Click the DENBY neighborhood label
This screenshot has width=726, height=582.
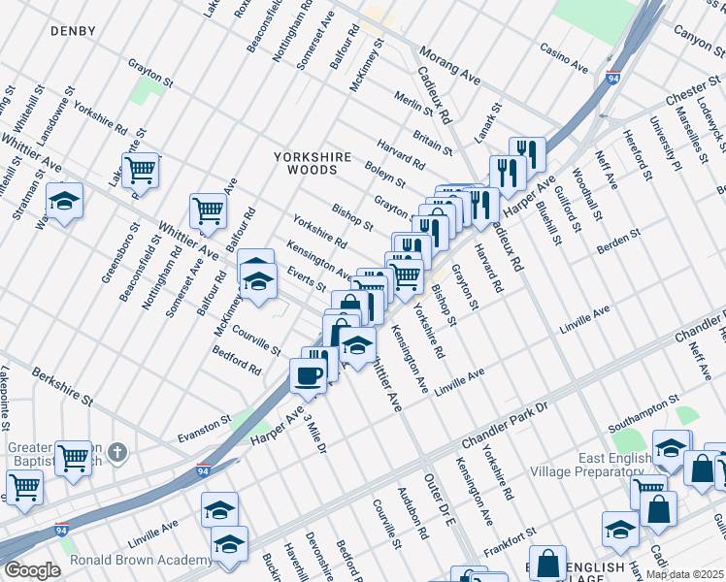(x=74, y=32)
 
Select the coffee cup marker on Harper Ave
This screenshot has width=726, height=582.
(x=309, y=376)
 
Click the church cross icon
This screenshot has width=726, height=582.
(x=116, y=452)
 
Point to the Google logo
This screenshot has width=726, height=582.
(x=31, y=570)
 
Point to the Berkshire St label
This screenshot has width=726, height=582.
(x=61, y=386)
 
